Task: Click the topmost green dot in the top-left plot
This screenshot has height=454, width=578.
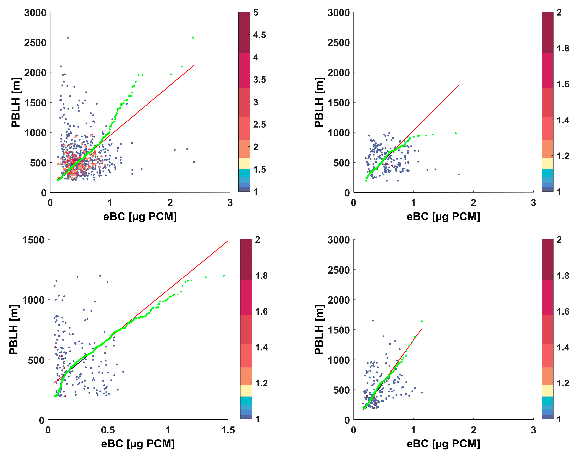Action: (193, 38)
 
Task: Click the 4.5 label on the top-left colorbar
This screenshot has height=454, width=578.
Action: (259, 35)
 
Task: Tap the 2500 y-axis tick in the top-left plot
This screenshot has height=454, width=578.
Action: (35, 43)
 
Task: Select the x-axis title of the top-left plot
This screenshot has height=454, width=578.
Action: (140, 216)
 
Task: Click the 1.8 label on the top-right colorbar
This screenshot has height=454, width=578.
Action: (563, 48)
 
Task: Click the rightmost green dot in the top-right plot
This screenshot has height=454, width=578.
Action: (456, 133)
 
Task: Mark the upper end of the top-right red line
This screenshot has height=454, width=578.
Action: (458, 86)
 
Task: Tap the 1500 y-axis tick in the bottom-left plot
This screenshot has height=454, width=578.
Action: (33, 240)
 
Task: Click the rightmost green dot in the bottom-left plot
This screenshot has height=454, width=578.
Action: (224, 276)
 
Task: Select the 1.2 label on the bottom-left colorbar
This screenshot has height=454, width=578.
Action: (261, 383)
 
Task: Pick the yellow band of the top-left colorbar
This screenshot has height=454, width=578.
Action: (244, 163)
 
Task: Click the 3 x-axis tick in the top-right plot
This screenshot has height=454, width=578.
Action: (533, 203)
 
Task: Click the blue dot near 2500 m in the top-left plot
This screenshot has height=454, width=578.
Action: (68, 38)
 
